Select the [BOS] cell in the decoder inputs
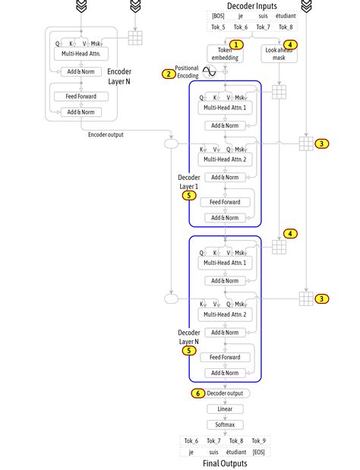(x=219, y=16)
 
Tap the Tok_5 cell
(x=219, y=27)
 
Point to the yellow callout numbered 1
(x=237, y=45)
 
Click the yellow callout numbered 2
(x=167, y=74)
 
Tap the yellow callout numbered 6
(x=197, y=393)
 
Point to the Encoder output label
(x=105, y=134)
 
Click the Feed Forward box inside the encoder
(x=81, y=97)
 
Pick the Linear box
(x=225, y=408)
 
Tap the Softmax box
(x=225, y=424)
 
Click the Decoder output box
(x=226, y=393)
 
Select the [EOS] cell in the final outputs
(x=258, y=452)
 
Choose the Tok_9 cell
(x=258, y=440)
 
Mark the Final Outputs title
(x=225, y=463)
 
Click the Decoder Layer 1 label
(x=188, y=181)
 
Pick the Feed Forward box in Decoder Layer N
(x=225, y=357)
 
